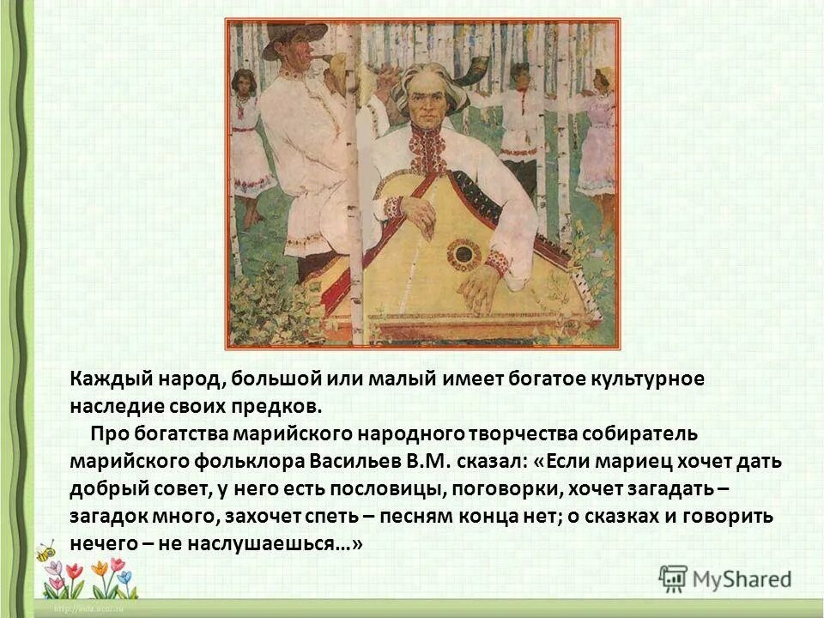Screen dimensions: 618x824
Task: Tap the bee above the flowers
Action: (x=45, y=550)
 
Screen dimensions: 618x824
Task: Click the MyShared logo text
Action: (x=742, y=579)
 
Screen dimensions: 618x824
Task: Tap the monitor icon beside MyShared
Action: (x=674, y=579)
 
